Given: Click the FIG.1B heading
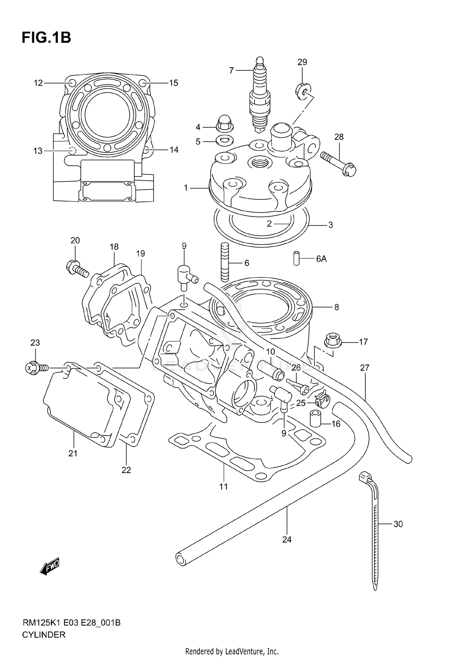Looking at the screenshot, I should pos(46,37).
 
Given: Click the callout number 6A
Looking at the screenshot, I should pos(321,259).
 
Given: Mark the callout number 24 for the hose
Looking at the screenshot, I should pos(287,539).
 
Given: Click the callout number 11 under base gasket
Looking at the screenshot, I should pos(223,487).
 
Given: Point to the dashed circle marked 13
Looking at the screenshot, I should pos(72,151).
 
